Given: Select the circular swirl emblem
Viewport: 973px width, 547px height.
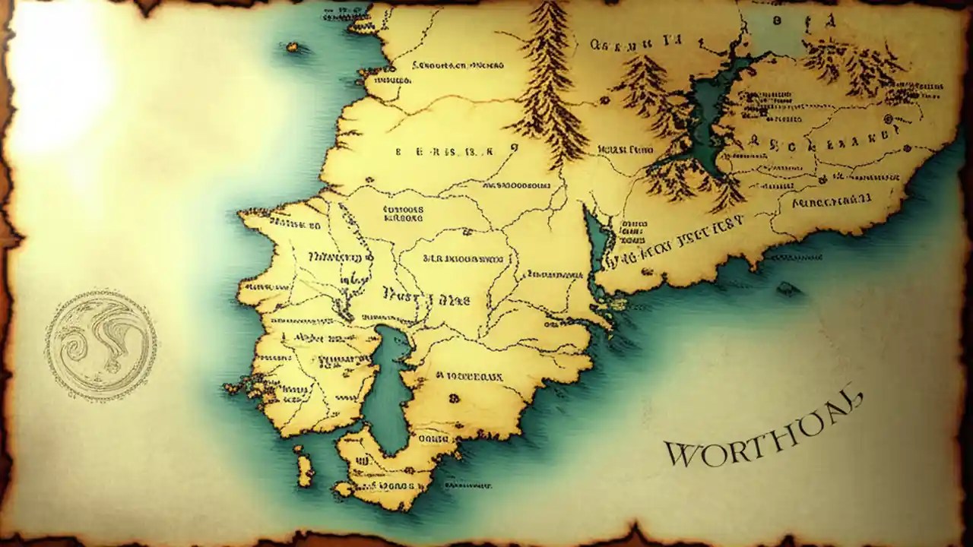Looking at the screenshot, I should (100, 344).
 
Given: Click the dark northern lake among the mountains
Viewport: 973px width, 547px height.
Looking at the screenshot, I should (711, 114).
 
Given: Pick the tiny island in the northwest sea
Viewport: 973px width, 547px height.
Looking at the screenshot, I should (292, 48).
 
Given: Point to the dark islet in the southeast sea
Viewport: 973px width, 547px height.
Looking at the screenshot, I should (789, 289).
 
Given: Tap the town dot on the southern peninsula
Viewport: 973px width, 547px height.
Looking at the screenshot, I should (455, 397).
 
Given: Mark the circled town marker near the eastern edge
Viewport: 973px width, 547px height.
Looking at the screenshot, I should (886, 119).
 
